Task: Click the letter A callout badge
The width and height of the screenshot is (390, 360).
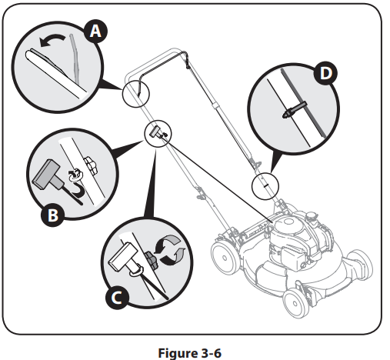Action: [95, 31]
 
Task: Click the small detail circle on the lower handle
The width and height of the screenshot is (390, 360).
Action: [263, 185]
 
